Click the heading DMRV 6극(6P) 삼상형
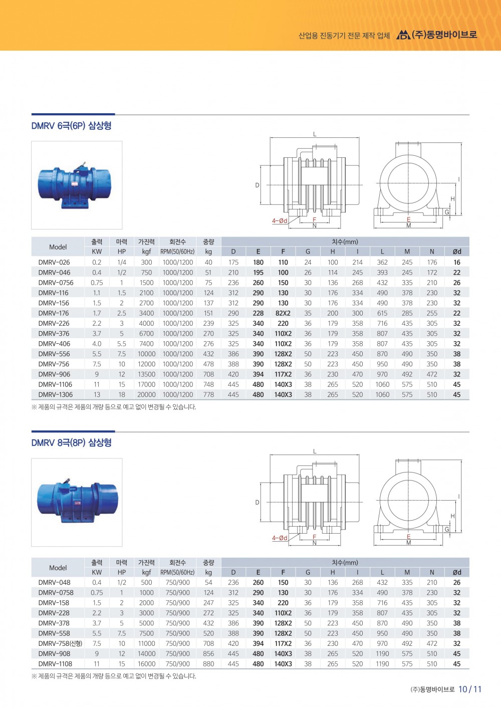(71, 126)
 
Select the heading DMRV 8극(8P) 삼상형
(71, 443)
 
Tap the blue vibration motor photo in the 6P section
(76, 185)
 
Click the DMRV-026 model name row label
(54, 262)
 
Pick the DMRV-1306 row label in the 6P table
(56, 394)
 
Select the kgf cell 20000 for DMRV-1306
(146, 394)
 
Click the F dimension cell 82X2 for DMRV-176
(283, 313)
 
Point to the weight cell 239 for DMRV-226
(208, 323)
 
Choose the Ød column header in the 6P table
(457, 252)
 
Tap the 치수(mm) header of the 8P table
(345, 562)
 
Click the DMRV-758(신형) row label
(60, 643)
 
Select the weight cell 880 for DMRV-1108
(208, 664)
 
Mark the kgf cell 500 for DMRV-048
(146, 582)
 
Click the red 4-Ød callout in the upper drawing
(280, 221)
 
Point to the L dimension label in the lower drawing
(315, 451)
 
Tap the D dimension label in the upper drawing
(258, 185)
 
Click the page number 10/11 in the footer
(470, 689)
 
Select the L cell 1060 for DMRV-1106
(382, 384)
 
